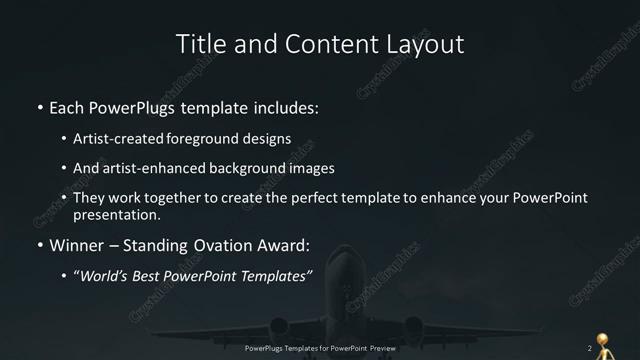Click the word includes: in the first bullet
tap(283, 106)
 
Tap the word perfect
tap(314, 198)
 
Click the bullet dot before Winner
tap(39, 245)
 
